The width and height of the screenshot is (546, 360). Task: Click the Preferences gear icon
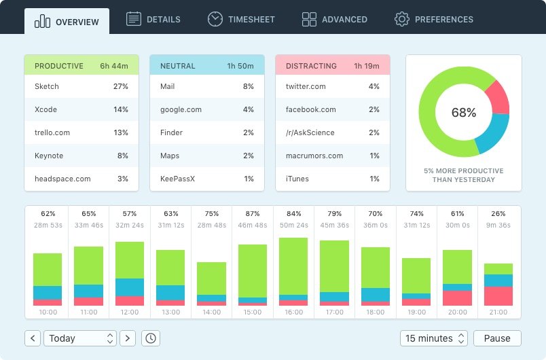(x=401, y=19)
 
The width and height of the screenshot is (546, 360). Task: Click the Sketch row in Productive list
(x=81, y=86)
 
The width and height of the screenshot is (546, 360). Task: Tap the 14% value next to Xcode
(x=121, y=109)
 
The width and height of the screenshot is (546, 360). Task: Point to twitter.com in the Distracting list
(x=306, y=86)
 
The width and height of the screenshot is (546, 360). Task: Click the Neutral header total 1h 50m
(x=240, y=66)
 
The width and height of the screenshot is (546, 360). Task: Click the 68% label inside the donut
(x=464, y=113)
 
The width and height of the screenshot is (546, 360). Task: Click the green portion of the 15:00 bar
(x=253, y=270)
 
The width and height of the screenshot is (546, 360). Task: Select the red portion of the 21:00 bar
(x=498, y=296)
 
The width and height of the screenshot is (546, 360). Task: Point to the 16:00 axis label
(x=293, y=312)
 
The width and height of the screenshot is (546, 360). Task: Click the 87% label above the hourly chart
(x=253, y=213)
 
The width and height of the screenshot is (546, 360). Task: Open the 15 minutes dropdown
(x=435, y=338)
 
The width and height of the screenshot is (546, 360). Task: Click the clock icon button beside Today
(x=150, y=338)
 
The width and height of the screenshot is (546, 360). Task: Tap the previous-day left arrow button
(x=33, y=338)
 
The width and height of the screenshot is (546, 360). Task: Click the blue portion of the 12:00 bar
(x=130, y=287)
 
